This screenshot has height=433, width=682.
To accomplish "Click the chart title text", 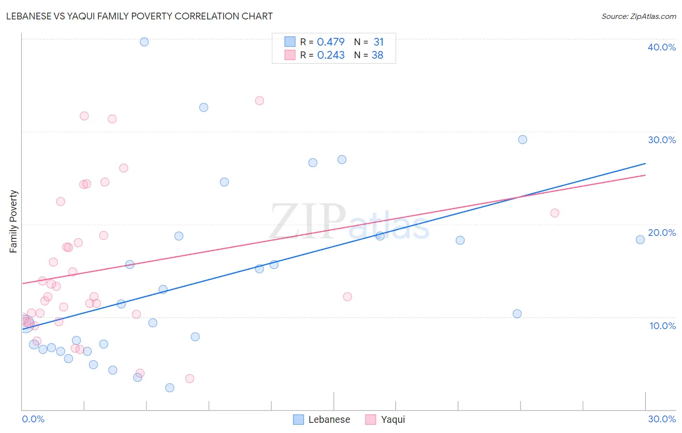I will pyautogui.click(x=139, y=16).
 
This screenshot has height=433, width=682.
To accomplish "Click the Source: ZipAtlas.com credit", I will pyautogui.click(x=638, y=16).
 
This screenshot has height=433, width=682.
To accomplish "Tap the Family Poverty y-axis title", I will pyautogui.click(x=14, y=221).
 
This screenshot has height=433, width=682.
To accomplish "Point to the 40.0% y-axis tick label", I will pyautogui.click(x=661, y=47).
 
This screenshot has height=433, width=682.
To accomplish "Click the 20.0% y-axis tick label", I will pyautogui.click(x=661, y=233).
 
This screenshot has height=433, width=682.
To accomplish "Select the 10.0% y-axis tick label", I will pyautogui.click(x=662, y=326).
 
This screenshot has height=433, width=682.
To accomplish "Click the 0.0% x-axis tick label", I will pyautogui.click(x=33, y=419).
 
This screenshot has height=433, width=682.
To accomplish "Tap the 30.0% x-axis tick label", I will pyautogui.click(x=662, y=419).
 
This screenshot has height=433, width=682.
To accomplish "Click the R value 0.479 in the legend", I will pyautogui.click(x=330, y=42).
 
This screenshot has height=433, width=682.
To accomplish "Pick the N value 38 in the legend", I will pyautogui.click(x=377, y=55).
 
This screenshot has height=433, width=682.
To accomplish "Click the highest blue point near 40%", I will pyautogui.click(x=144, y=42).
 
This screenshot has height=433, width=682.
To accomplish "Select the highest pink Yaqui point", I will pyautogui.click(x=260, y=101).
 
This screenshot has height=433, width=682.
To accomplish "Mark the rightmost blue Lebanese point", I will pyautogui.click(x=640, y=240).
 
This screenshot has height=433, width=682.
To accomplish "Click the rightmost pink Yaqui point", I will pyautogui.click(x=555, y=213).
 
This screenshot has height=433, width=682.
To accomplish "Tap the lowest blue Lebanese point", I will pyautogui.click(x=170, y=387).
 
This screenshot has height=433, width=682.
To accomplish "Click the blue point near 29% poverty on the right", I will pyautogui.click(x=522, y=140).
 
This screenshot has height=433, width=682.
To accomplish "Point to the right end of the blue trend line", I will pyautogui.click(x=645, y=164).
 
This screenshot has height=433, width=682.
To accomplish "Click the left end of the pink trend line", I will pyautogui.click(x=22, y=283).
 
